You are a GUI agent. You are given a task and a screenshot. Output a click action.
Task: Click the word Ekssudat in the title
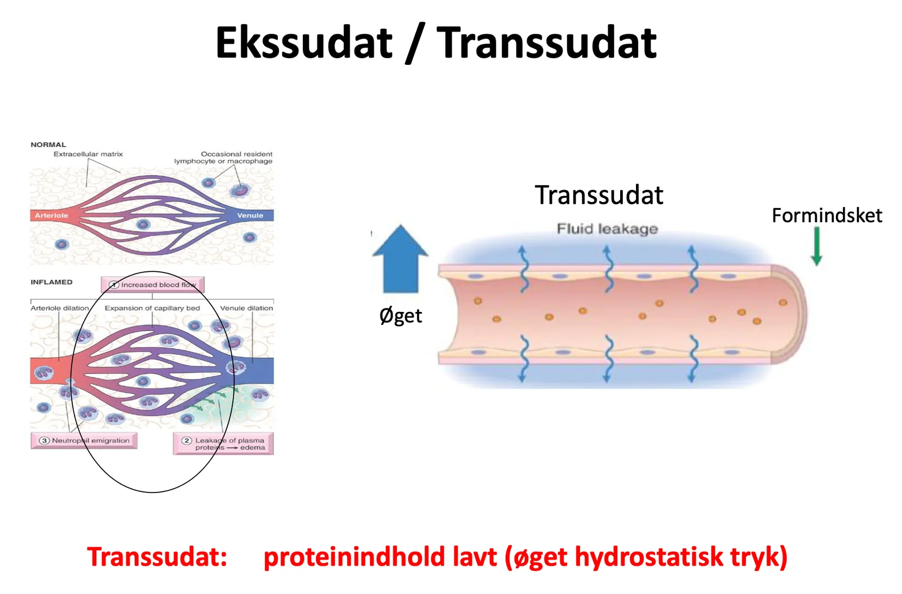(x=304, y=42)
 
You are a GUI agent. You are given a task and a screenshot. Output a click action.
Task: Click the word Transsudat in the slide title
(x=547, y=42)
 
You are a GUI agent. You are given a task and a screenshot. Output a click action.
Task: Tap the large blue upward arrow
(x=400, y=258)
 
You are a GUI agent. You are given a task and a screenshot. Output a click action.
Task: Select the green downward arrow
(x=817, y=246)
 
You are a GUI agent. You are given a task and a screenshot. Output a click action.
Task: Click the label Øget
(x=401, y=315)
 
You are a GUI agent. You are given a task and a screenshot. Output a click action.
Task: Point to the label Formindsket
(x=827, y=215)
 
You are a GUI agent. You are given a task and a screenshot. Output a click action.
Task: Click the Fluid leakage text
(x=607, y=229)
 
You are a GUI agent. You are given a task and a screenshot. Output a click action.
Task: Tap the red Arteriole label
(x=51, y=215)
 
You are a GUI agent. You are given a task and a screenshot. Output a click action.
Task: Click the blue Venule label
(x=250, y=215)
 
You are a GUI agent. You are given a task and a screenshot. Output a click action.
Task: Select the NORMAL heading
(x=48, y=144)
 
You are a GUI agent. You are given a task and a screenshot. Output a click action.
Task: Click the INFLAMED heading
(x=51, y=282)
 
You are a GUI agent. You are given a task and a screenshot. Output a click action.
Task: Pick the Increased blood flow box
(x=153, y=284)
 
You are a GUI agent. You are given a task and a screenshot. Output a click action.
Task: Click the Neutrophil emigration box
(x=84, y=441)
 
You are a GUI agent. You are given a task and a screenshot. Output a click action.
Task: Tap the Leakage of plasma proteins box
(x=223, y=444)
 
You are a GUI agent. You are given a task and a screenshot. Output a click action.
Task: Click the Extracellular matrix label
(x=88, y=154)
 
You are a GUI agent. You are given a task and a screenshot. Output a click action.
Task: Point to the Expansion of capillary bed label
(x=152, y=309)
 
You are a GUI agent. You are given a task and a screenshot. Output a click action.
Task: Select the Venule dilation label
(x=246, y=309)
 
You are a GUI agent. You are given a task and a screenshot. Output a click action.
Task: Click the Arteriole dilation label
(x=60, y=309)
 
